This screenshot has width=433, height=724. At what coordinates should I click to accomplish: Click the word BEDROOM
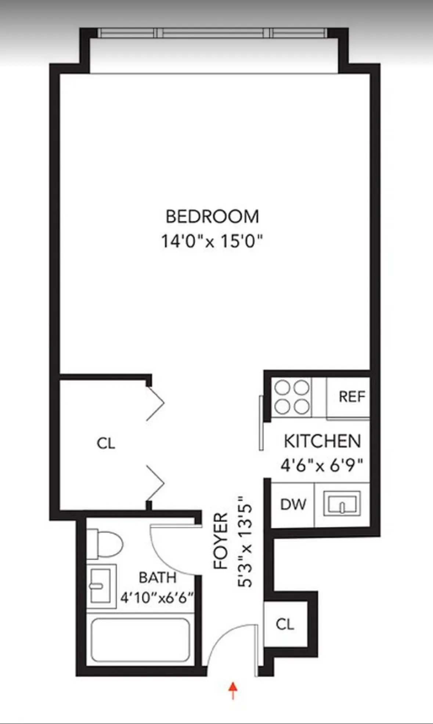(x=212, y=217)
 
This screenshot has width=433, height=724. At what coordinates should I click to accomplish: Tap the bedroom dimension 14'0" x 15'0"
(x=212, y=242)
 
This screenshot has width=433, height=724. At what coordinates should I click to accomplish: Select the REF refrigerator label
(x=351, y=397)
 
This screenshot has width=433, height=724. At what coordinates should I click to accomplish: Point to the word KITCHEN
(x=322, y=441)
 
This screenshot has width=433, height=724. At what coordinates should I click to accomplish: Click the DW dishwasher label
(x=293, y=504)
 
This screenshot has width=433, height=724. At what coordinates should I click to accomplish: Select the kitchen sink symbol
(x=342, y=504)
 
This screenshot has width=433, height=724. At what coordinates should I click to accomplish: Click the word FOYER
(x=221, y=541)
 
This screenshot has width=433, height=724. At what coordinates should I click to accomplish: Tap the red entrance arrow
(x=232, y=690)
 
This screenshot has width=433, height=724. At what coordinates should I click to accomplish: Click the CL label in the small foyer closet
(x=285, y=624)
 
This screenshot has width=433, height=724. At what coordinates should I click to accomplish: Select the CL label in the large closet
(x=106, y=443)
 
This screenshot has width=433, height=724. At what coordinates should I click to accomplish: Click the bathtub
(x=140, y=640)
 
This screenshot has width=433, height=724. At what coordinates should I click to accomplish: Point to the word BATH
(x=157, y=578)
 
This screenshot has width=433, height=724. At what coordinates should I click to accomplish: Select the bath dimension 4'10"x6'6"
(x=157, y=598)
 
